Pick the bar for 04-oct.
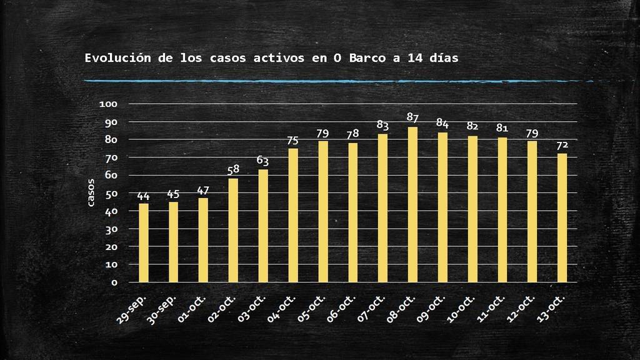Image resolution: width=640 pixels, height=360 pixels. [x=293, y=215]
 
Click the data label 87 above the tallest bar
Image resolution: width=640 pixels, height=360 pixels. [x=412, y=117]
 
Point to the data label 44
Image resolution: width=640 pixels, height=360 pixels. [x=144, y=196]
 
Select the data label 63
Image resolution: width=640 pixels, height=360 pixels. [x=263, y=161]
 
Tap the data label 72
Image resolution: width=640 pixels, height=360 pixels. [x=562, y=145]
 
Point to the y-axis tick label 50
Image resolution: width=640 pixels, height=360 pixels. [x=111, y=193]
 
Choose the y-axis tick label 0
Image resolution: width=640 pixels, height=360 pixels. [x=114, y=282]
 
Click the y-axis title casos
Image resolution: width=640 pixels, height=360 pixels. [x=91, y=192]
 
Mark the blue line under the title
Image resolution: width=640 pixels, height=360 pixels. [x=337, y=81]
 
